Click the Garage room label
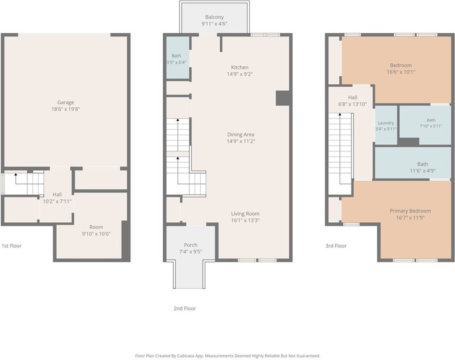(x=66, y=102)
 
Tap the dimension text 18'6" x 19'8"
(x=66, y=109)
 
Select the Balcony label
(x=214, y=17)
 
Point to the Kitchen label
(x=239, y=67)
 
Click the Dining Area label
(x=241, y=134)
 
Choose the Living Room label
(x=245, y=214)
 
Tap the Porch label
(x=190, y=245)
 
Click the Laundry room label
(x=386, y=123)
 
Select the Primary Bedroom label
(x=410, y=211)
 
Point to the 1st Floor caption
(x=12, y=246)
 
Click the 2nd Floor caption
(x=184, y=308)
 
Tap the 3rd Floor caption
(x=336, y=246)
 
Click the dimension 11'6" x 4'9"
(x=423, y=171)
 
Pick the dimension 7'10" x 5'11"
(x=431, y=126)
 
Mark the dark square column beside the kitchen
(x=283, y=98)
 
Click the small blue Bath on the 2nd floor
(x=178, y=57)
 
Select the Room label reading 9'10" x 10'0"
(x=96, y=230)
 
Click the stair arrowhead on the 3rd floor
(x=340, y=114)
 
